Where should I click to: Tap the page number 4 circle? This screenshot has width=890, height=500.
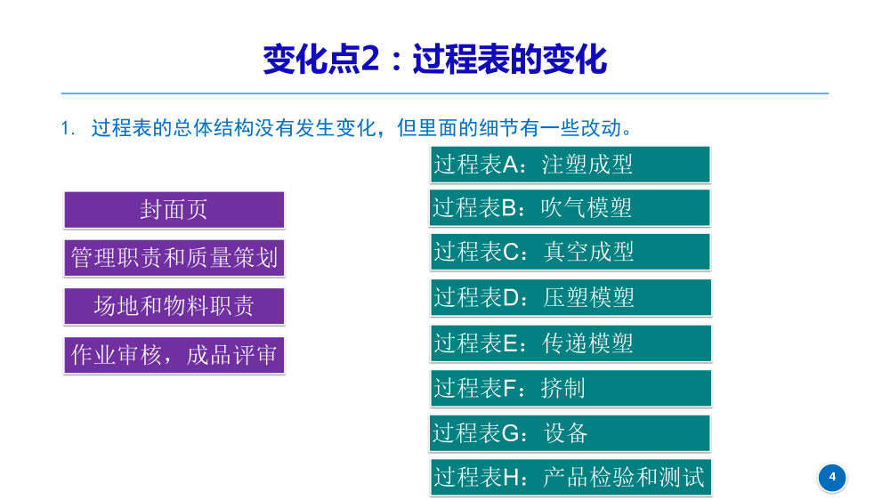point(832,477)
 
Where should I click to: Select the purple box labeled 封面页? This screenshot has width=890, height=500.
point(174,210)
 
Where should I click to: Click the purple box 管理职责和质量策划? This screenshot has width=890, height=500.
point(174,258)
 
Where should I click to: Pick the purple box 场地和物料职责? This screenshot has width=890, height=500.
point(174,306)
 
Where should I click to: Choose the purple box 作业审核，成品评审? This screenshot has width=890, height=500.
point(174,355)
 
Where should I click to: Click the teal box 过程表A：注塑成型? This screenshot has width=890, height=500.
point(570,165)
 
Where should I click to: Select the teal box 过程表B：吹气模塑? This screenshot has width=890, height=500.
point(570,207)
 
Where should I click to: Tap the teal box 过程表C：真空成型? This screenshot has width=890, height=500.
point(570,252)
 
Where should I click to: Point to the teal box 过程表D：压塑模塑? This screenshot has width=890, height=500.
point(570,297)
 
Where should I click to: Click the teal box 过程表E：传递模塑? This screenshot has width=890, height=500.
point(570,343)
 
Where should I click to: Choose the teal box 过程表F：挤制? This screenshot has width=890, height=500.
point(570,388)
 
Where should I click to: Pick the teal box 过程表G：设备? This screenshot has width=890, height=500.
point(570,433)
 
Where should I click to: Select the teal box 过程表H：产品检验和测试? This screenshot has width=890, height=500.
point(570,478)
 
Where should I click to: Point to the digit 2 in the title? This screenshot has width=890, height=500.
point(371,60)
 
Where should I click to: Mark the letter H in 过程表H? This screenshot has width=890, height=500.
point(515,479)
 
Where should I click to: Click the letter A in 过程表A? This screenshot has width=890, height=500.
point(514,165)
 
